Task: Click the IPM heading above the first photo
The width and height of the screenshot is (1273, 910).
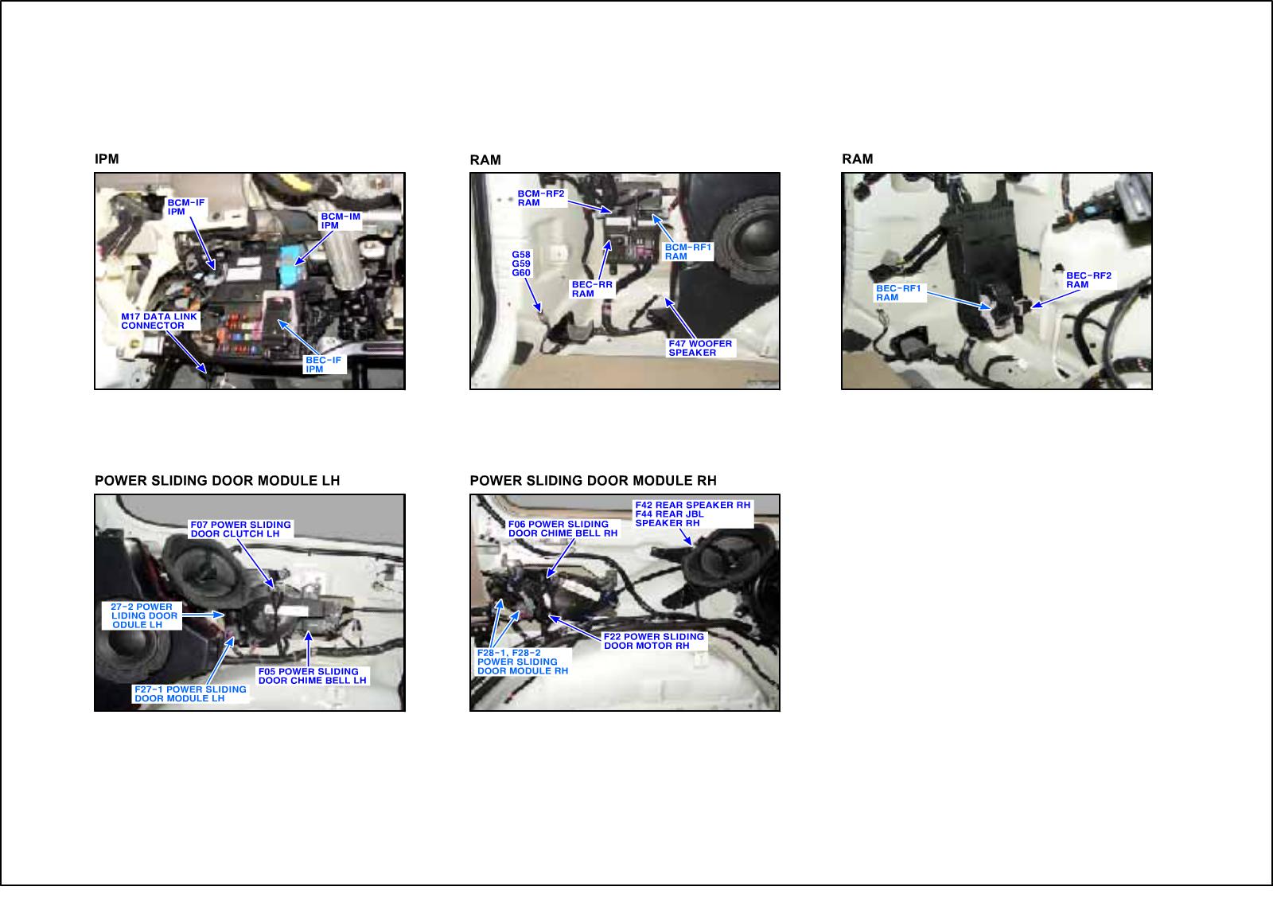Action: [x=107, y=158]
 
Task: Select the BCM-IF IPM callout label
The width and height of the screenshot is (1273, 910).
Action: [x=186, y=207]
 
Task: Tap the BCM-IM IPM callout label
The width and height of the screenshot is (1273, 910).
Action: [x=341, y=221]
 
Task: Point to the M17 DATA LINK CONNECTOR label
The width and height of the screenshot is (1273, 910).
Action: [x=159, y=321]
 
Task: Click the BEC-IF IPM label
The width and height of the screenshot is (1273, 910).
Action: [x=323, y=365]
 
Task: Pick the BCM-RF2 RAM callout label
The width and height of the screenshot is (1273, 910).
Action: [x=541, y=198]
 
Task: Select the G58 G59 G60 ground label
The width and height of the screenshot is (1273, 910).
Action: [x=521, y=264]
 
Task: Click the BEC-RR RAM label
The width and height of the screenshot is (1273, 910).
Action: [x=592, y=289]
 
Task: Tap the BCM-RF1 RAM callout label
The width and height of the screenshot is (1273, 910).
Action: [x=687, y=252]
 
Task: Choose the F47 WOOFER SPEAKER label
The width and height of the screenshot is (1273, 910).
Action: [x=700, y=348]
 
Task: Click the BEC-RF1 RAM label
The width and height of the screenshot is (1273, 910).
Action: [x=898, y=293]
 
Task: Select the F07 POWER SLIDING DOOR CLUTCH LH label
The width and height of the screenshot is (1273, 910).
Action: [x=240, y=529]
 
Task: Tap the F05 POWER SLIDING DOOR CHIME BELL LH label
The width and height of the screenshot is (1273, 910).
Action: [x=313, y=676]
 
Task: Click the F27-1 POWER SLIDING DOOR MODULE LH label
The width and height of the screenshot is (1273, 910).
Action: [x=190, y=694]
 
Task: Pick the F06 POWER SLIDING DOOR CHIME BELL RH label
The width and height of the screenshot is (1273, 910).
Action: [x=563, y=529]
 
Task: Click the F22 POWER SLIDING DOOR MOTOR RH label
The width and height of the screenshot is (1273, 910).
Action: [x=653, y=641]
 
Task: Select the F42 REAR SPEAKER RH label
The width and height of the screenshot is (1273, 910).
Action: [x=693, y=505]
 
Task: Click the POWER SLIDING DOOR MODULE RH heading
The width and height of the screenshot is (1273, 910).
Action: [x=593, y=481]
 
